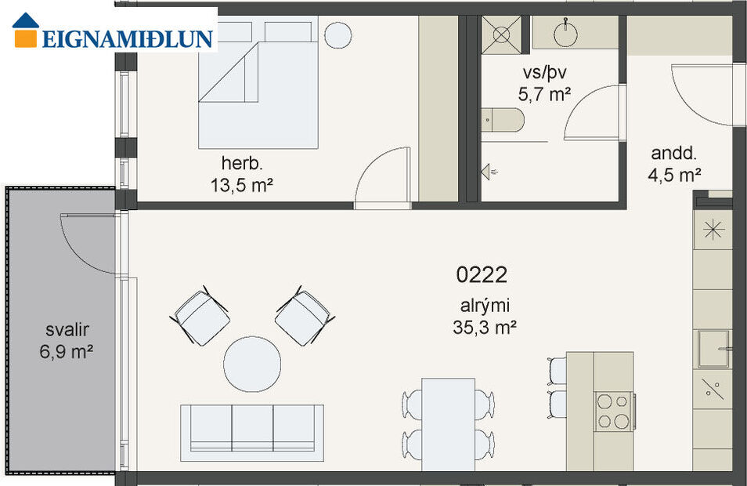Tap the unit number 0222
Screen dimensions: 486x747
tap(482, 274)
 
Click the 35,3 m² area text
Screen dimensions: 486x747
tap(484, 328)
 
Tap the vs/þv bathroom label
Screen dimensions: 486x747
tap(544, 73)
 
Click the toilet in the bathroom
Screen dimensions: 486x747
tap(505, 120)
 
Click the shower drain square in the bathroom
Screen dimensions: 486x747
tap(501, 33)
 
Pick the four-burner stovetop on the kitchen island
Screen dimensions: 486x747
tap(613, 410)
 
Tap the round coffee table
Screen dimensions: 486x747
tap(252, 363)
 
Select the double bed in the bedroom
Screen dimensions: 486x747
tap(258, 82)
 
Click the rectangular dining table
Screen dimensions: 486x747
tap(448, 423)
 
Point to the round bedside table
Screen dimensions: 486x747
tap(339, 34)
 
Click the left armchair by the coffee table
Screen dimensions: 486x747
tap(201, 316)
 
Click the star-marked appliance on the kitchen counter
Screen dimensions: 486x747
tap(713, 229)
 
